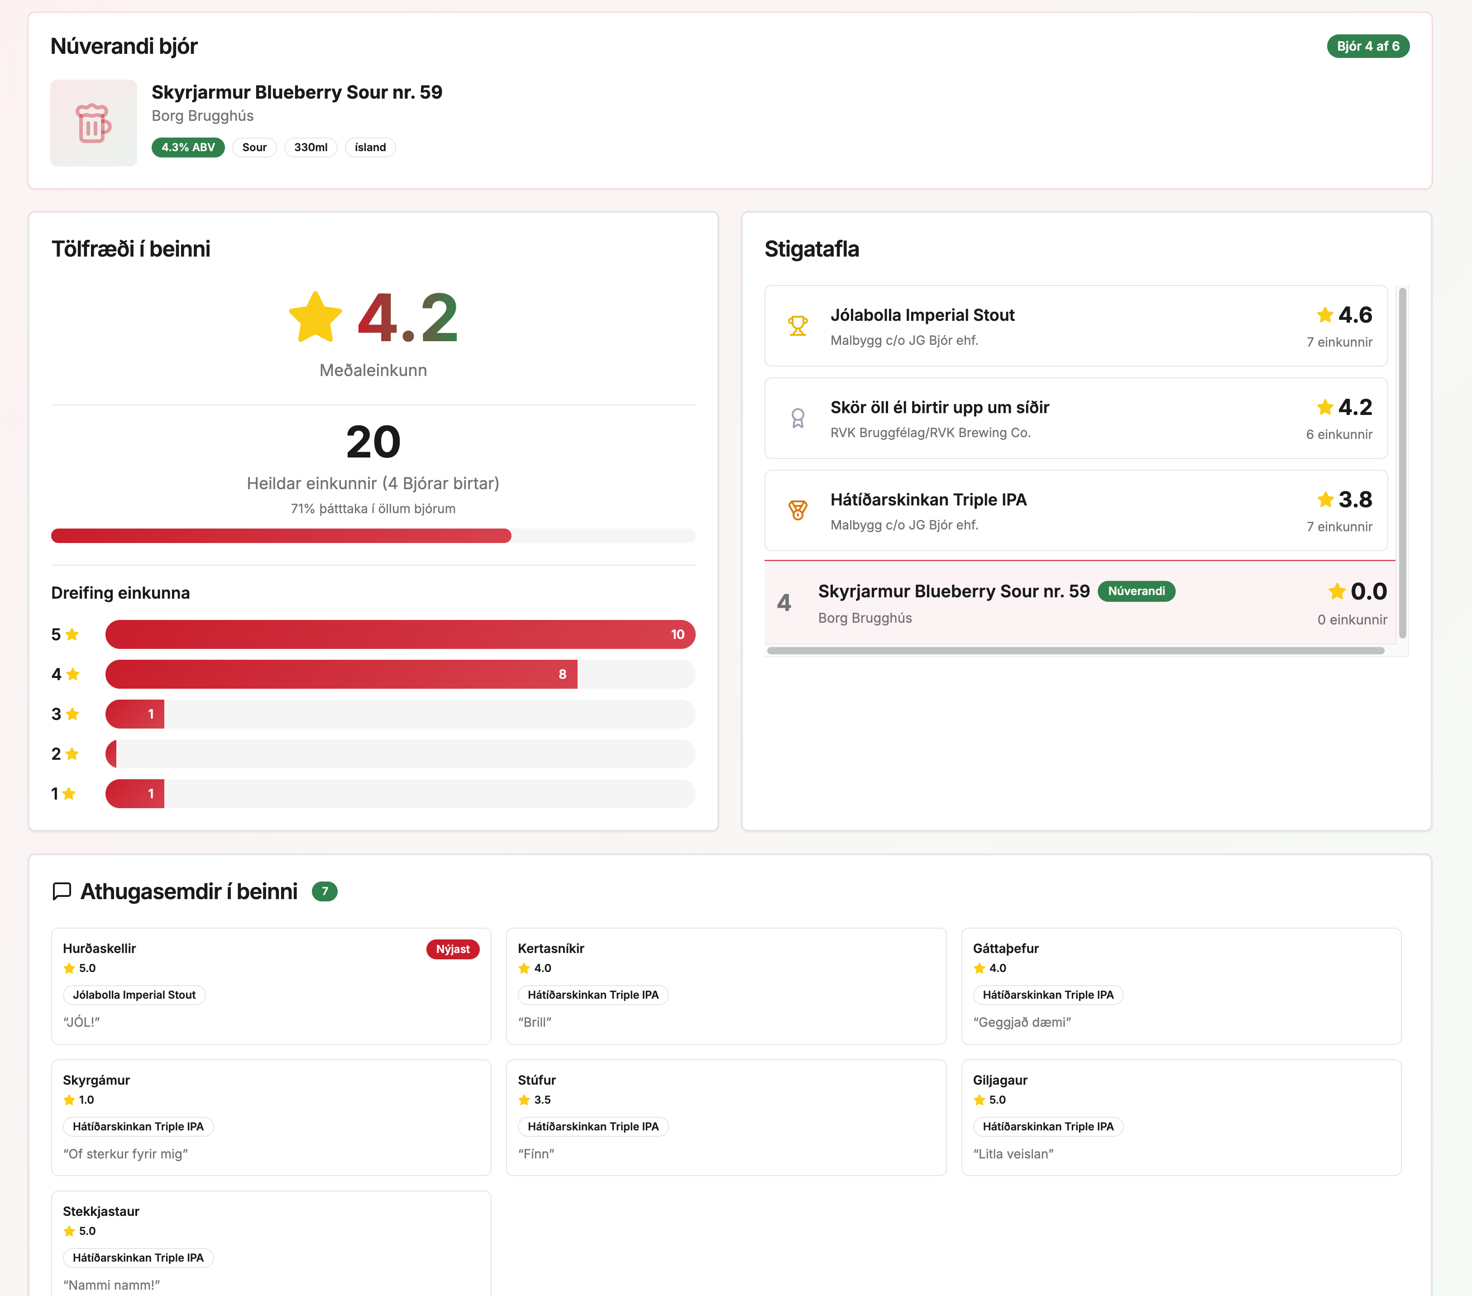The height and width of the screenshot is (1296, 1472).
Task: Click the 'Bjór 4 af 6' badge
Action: [x=1367, y=46]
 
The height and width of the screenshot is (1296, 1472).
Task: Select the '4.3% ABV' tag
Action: [x=188, y=147]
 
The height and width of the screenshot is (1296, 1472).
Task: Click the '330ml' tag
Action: [x=311, y=147]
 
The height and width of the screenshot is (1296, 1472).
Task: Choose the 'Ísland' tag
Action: [x=370, y=147]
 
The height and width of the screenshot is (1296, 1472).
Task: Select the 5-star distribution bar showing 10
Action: [x=400, y=634]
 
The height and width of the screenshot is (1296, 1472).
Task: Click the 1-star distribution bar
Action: [x=135, y=793]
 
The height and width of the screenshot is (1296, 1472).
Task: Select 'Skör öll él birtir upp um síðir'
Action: [x=939, y=408]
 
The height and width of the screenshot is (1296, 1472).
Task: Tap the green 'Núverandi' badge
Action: [x=1136, y=591]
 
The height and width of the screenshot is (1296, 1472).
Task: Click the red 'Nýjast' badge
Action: [x=452, y=949]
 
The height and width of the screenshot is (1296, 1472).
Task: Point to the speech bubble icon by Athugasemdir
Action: [x=62, y=891]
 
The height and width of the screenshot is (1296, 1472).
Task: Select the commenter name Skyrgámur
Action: [x=96, y=1080]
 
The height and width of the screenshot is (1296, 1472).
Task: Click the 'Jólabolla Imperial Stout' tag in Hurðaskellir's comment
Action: [x=134, y=995]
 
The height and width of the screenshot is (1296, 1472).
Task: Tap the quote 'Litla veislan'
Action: [x=1013, y=1153]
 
